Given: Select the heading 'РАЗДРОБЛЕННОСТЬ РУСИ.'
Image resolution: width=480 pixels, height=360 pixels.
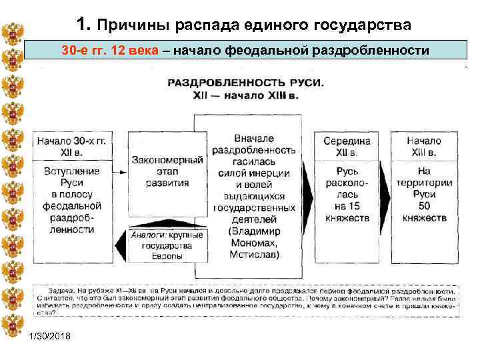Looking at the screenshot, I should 245,83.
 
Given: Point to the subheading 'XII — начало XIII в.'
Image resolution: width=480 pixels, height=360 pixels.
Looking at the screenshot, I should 245,95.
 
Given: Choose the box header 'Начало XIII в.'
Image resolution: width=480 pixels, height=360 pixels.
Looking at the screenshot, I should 423,147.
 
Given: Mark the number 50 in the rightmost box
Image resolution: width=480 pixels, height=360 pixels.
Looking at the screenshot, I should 424,205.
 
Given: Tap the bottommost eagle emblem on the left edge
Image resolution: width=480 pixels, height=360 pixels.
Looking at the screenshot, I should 12,327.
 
